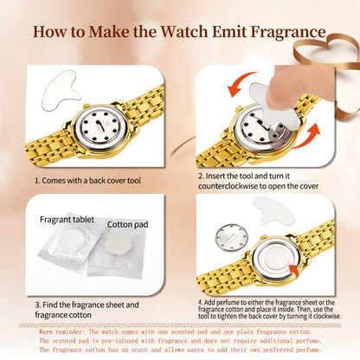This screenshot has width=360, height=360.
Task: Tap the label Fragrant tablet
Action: (x=67, y=219)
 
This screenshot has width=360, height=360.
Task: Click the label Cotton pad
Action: (x=125, y=225)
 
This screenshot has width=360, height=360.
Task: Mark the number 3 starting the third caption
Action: (x=36, y=304)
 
